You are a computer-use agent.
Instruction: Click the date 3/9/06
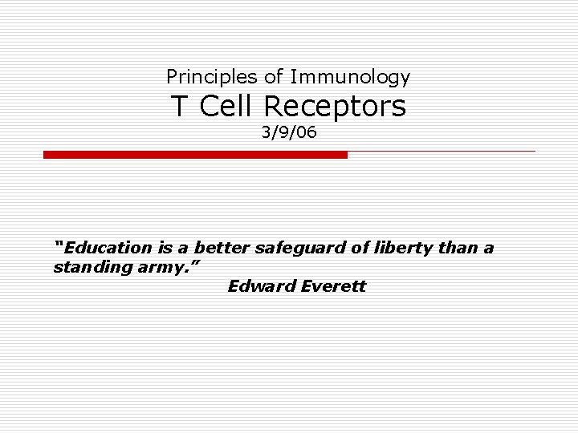click(x=289, y=132)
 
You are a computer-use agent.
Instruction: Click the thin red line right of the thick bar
click(x=442, y=152)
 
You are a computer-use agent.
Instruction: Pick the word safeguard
click(x=301, y=249)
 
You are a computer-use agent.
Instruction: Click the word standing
click(x=88, y=267)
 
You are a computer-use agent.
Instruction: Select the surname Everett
click(x=332, y=286)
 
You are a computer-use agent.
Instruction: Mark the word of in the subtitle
click(x=274, y=77)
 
